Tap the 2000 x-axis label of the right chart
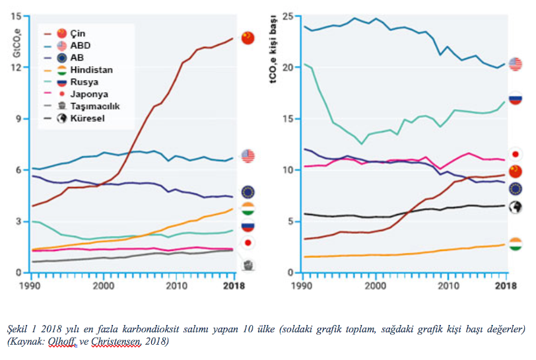coord(375,285)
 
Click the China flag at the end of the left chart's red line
coord(248,38)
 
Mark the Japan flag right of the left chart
coord(248,243)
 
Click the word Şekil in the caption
coord(18,329)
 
